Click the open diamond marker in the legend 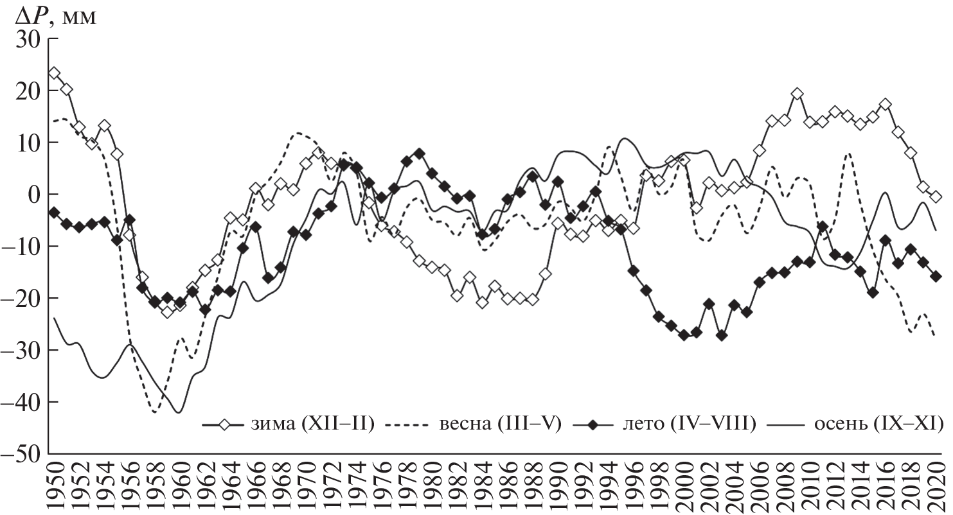(x=224, y=424)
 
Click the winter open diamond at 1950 (x=55, y=73)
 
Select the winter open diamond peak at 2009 (x=797, y=94)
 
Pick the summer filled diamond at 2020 (x=936, y=276)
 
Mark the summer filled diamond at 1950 (x=55, y=212)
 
